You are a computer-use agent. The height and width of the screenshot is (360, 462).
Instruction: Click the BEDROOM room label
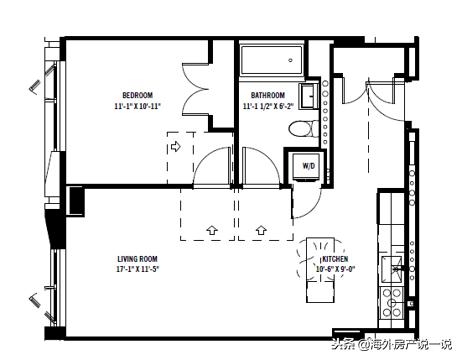coord(137,95)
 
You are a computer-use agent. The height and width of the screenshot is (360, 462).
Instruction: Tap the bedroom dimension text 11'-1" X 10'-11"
coord(137,106)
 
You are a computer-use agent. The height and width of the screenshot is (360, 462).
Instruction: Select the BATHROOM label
coord(268,95)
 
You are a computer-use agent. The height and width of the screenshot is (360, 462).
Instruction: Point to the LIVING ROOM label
coord(137,259)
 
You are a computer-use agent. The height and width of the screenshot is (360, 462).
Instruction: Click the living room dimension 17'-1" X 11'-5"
coord(137,269)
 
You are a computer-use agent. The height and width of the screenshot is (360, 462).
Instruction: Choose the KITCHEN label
coord(335,259)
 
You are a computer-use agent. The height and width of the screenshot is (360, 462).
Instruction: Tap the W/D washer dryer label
coord(309,166)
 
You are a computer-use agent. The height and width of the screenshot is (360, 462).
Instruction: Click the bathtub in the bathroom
coord(272,60)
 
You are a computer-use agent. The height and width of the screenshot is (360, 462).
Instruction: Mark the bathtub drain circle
coord(291,60)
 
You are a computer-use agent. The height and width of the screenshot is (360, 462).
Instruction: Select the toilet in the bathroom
coord(303,129)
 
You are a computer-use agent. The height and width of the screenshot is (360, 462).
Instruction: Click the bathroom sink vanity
coord(309,96)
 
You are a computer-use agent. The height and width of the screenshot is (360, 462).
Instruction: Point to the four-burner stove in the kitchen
coord(392,303)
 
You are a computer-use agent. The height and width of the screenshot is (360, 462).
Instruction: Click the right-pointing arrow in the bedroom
coord(176,146)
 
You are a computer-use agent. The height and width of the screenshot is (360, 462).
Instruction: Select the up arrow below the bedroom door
coord(212,230)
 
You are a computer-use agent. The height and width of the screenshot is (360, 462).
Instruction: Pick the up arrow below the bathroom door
coord(261,230)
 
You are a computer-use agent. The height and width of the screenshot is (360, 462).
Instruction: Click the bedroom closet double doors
coord(197,89)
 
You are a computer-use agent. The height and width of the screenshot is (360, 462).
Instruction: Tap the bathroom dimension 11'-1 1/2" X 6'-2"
coord(268,106)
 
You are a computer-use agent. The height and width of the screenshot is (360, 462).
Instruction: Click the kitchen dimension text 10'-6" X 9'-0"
coord(335,269)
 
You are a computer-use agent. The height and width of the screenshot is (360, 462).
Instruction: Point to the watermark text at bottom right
coord(392,344)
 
